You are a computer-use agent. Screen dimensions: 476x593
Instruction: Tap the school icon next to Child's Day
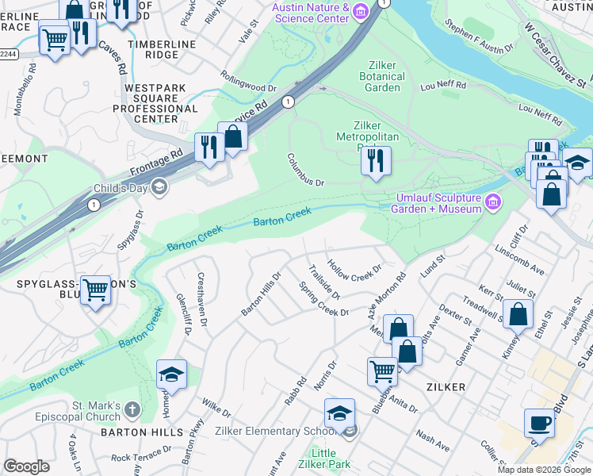coord(159,187)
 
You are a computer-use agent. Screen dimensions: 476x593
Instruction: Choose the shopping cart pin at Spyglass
coord(96,290)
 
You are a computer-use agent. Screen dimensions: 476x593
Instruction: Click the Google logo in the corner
coord(26,466)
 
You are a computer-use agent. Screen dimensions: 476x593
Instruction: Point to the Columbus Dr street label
coord(306,170)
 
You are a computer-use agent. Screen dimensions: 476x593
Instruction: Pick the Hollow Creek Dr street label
coord(354,271)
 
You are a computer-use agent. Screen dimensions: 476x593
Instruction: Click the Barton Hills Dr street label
coord(262,294)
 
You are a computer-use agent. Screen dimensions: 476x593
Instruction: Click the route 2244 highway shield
coord(7,54)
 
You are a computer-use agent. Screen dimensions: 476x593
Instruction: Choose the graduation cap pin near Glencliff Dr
coord(170,374)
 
